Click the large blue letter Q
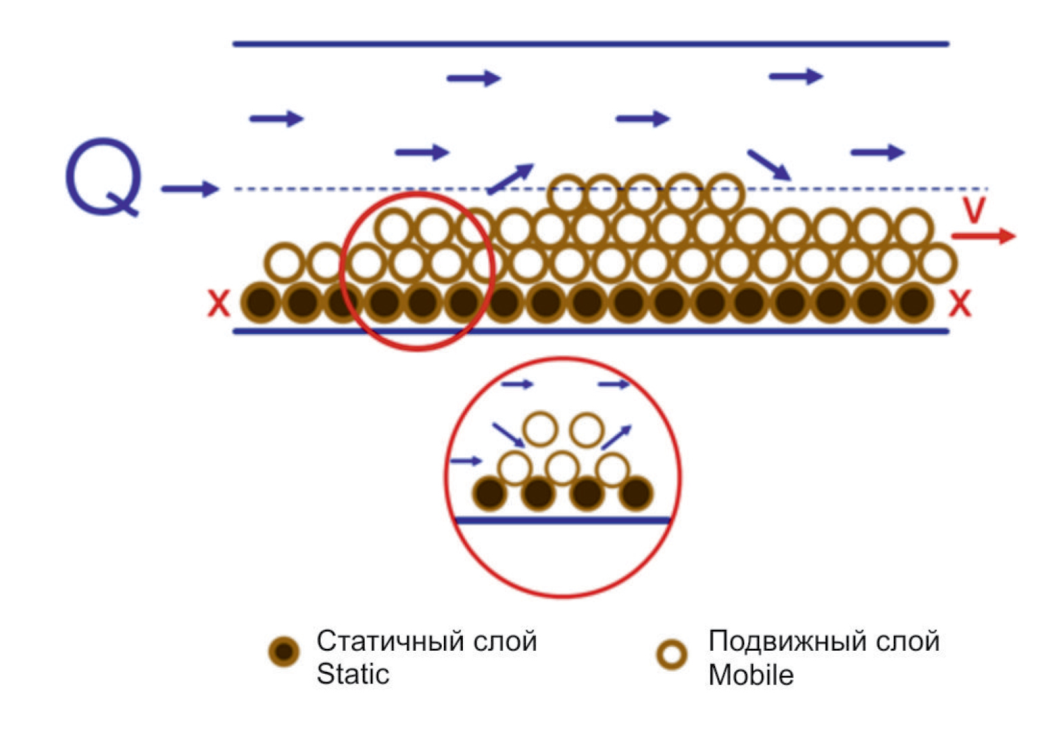104,176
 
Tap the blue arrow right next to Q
189,188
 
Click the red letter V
974,211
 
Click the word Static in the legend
353,674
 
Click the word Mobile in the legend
750,675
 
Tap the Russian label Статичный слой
426,641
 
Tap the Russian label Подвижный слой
823,641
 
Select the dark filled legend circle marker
284,652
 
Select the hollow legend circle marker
672,654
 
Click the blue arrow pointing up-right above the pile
511,178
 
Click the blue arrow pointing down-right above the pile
769,165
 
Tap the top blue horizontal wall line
591,44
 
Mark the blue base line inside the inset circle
562,520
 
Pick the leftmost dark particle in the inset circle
490,493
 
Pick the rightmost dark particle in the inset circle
635,493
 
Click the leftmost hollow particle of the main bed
284,263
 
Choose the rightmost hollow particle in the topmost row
725,194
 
